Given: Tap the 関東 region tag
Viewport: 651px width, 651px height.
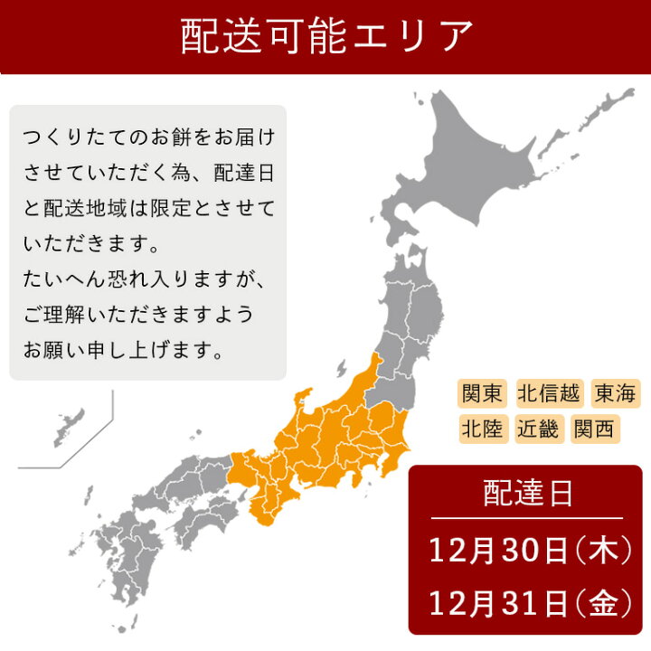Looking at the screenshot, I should (483, 394).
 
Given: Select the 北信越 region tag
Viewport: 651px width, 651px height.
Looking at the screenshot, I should (551, 394).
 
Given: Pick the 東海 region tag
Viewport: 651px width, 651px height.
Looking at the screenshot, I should (616, 394).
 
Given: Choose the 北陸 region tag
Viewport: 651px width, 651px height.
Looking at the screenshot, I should (483, 428).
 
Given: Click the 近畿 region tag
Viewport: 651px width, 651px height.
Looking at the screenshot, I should (539, 428).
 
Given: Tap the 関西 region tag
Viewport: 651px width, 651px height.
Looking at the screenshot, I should (594, 428).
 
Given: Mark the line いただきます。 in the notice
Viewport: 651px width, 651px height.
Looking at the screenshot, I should (91, 244).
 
